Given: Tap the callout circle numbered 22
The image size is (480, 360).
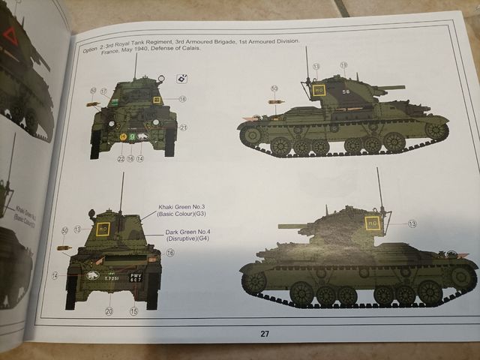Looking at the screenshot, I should [121, 158].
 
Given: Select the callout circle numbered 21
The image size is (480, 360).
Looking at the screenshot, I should [183, 127].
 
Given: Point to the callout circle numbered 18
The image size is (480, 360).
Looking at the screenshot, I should [182, 99].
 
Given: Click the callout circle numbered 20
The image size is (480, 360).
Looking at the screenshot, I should [109, 311].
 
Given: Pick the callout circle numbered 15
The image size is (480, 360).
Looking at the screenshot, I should [134, 311].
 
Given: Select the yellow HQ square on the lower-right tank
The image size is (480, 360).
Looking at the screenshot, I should [372, 222].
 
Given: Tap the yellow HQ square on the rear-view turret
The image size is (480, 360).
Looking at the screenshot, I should [103, 228].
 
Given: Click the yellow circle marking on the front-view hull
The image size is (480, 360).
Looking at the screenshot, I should [121, 136].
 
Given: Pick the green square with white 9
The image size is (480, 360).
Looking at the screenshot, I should [133, 136].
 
